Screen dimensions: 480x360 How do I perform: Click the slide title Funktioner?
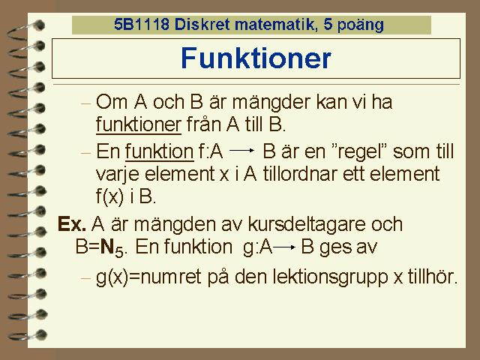(256, 58)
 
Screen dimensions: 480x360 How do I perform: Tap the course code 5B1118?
(142, 24)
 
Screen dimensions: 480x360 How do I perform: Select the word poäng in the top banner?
(360, 25)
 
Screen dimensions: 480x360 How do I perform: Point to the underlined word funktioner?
(139, 124)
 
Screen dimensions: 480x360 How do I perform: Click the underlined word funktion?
(159, 151)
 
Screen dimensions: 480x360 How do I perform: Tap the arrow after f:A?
(241, 150)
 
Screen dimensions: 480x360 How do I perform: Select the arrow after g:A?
(284, 247)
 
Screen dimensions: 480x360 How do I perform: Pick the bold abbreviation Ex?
(72, 223)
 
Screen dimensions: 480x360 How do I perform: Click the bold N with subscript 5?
(112, 247)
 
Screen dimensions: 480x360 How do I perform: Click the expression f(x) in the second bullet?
(110, 196)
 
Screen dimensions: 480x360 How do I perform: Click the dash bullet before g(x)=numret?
(86, 278)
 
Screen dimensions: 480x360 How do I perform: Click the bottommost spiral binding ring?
(28, 335)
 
